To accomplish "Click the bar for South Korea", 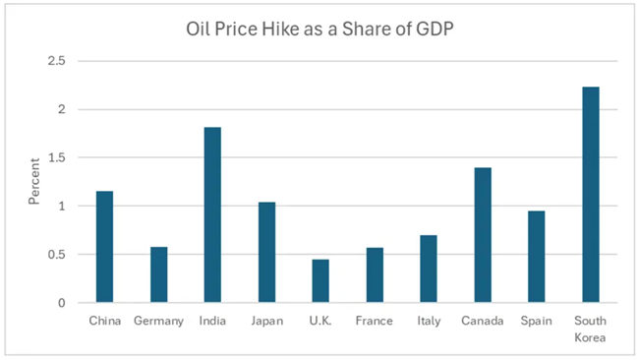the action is (x=591, y=195).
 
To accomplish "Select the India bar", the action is (x=212, y=214).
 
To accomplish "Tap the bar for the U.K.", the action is (x=320, y=281).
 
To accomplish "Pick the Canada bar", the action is (x=483, y=235).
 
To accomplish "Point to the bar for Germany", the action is (x=159, y=274).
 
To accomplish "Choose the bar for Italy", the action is (x=429, y=269).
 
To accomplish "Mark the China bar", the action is (x=105, y=247).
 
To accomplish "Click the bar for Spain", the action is (x=537, y=257).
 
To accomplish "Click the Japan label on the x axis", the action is (x=267, y=322).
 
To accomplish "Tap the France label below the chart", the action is (x=375, y=321).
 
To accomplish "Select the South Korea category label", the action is (x=590, y=329).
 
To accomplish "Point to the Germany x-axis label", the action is (x=159, y=322).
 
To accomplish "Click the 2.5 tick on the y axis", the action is (x=57, y=61).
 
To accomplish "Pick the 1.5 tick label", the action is (x=57, y=157).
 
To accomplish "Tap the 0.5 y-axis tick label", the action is (x=57, y=255).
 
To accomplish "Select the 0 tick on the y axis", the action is (x=62, y=303).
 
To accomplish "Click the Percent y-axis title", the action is (x=34, y=181).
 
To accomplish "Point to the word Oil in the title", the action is (x=198, y=29).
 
